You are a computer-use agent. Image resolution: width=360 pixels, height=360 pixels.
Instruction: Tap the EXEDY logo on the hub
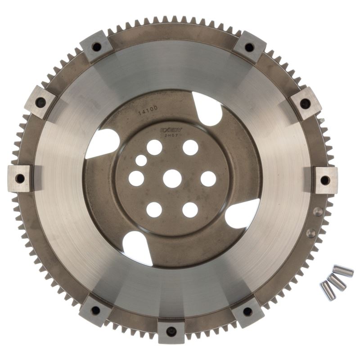169,130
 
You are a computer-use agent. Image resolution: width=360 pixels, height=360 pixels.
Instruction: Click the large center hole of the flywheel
172,179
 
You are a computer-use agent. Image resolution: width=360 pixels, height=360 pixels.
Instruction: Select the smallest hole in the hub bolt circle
141,160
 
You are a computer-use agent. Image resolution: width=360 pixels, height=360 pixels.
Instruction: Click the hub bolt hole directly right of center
208,179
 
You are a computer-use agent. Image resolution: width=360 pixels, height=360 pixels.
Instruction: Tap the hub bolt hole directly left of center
136,179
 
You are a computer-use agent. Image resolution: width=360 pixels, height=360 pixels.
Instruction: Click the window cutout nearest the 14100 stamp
207,109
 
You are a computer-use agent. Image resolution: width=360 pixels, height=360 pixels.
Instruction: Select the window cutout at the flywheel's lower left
137,247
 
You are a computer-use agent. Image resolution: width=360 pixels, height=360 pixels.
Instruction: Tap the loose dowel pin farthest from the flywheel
344,272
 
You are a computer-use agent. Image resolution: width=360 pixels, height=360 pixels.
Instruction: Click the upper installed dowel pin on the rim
318,211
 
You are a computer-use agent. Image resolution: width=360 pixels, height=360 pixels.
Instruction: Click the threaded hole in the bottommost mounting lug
171,332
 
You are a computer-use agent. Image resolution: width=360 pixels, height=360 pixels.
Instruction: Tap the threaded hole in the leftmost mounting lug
20,178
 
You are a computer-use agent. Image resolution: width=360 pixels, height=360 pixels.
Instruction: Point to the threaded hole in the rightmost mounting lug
325,180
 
